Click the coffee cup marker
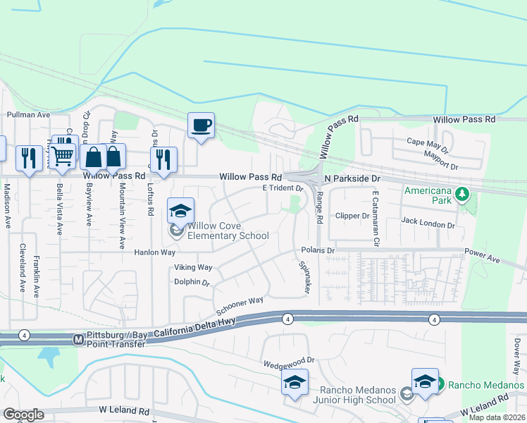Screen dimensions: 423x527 pyautogui.click(x=201, y=125)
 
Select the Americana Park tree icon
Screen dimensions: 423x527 pyautogui.click(x=462, y=192)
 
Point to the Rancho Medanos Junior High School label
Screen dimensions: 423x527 pyautogui.click(x=357, y=396)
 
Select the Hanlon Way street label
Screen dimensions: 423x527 pyautogui.click(x=154, y=252)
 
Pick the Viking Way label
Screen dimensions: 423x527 pyautogui.click(x=193, y=267)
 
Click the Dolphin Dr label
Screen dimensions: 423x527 pyautogui.click(x=192, y=282)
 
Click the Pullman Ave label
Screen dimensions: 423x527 pyautogui.click(x=28, y=114)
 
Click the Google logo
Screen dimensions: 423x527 pyautogui.click(x=23, y=415)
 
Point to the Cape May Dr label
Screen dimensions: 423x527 pyautogui.click(x=428, y=141)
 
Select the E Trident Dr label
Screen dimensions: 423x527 pyautogui.click(x=282, y=188)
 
